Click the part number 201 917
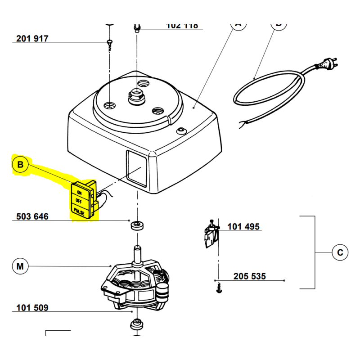(x=32, y=39)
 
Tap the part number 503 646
(x=32, y=216)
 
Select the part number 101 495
(x=243, y=226)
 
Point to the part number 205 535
(x=249, y=276)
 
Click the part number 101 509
(x=32, y=308)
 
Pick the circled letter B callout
(x=20, y=165)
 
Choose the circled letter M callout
(x=20, y=266)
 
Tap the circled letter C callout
(x=340, y=252)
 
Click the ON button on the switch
(x=80, y=193)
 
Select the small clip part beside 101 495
(x=211, y=234)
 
